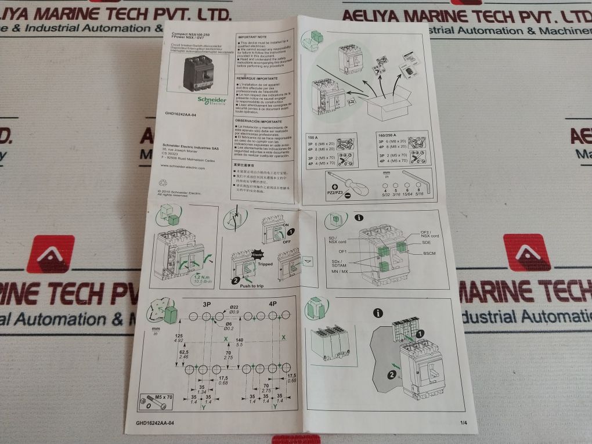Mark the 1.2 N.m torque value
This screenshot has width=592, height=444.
[203, 278]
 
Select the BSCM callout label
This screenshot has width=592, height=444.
[429, 254]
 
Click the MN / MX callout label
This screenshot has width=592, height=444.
[340, 271]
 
